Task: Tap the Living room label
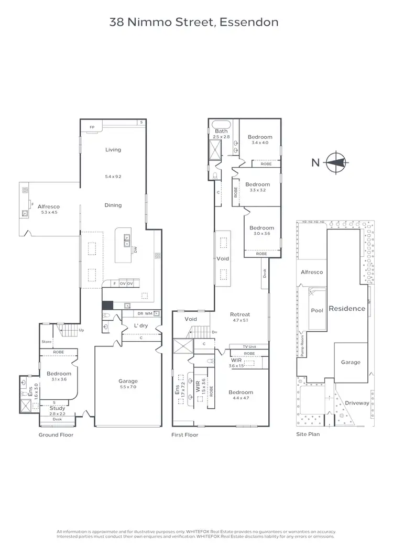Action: coord(113,150)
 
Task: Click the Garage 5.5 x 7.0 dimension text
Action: coord(128,387)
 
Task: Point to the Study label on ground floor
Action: coord(57,408)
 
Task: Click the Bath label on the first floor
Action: coord(221,131)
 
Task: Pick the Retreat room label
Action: coord(240,314)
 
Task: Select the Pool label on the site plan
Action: coord(317,310)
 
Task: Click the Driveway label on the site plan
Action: coord(356,402)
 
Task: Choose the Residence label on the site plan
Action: coord(346,309)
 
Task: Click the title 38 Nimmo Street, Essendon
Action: coord(194,22)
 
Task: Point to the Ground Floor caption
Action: coord(56,434)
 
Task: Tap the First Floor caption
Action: coord(185,434)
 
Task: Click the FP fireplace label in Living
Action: coord(92,127)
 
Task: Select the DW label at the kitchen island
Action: coord(135,250)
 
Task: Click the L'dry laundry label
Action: coord(140,326)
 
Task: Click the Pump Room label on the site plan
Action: coord(302,346)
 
